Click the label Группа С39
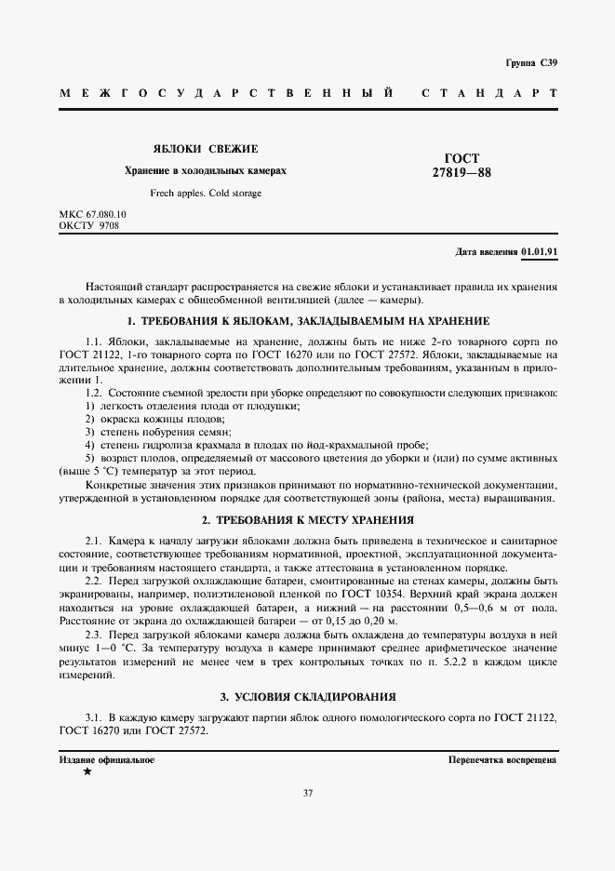coord(531,63)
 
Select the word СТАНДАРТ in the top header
coord(489,94)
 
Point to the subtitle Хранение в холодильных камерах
coord(206,171)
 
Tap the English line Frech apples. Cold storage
coord(206,194)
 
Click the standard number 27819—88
coord(462,172)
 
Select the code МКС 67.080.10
coord(92,214)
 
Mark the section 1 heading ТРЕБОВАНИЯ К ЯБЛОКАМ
coord(307,321)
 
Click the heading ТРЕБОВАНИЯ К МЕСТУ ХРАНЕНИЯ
coord(307,519)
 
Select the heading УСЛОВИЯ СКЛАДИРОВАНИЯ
coord(307,696)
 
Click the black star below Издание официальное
coord(87,772)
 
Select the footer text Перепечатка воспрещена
coord(501,759)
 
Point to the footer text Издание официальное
coord(106,759)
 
